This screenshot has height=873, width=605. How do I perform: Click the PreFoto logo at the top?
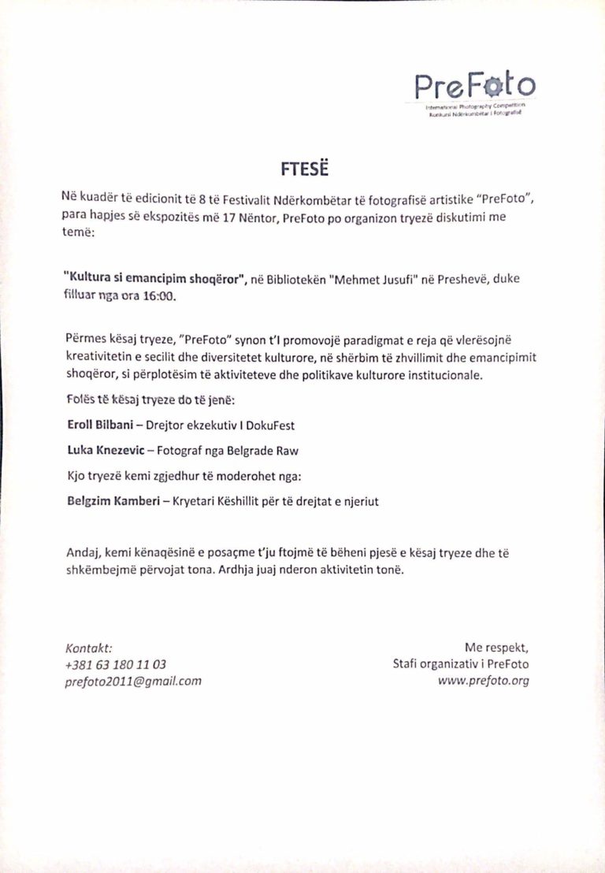pos(475,85)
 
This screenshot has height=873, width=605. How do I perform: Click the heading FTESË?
pos(302,168)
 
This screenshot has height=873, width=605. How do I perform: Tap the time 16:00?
pos(161,296)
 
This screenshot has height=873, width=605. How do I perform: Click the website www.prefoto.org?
pos(483,681)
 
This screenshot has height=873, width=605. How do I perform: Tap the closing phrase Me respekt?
pos(496,648)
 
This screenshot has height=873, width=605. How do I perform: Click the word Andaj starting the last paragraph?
pos(83,554)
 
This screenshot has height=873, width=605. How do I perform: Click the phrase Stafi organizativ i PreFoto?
pos(461,664)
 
